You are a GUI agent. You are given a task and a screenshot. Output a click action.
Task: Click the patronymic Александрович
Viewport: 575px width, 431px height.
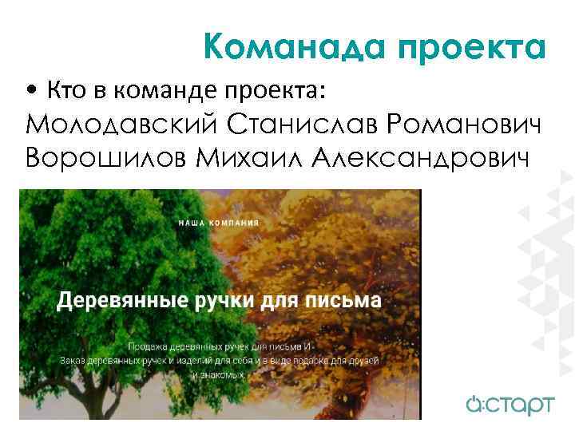click(x=420, y=158)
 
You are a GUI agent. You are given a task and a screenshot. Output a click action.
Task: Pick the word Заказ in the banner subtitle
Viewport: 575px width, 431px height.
click(x=75, y=360)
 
